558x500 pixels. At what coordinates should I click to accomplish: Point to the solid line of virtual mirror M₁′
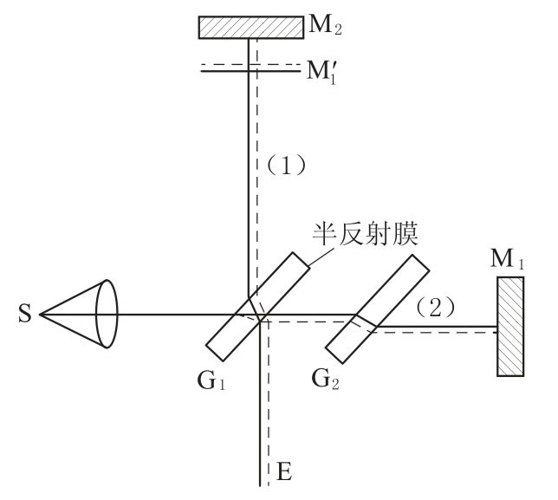[225, 70]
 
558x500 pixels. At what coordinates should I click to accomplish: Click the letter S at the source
[23, 314]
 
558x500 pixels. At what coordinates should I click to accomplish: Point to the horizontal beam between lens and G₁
[173, 314]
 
